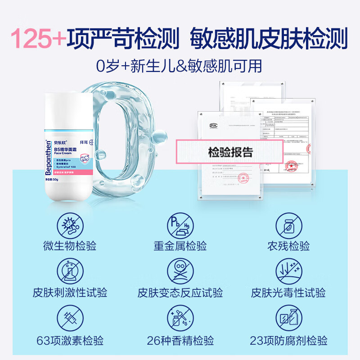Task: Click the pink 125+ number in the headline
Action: click(38, 39)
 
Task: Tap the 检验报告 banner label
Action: click(230, 152)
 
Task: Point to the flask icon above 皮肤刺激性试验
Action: click(70, 272)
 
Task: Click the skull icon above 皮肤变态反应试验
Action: click(180, 272)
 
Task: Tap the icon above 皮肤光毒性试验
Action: click(288, 272)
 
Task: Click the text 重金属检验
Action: click(180, 246)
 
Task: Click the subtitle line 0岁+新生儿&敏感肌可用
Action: click(179, 66)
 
